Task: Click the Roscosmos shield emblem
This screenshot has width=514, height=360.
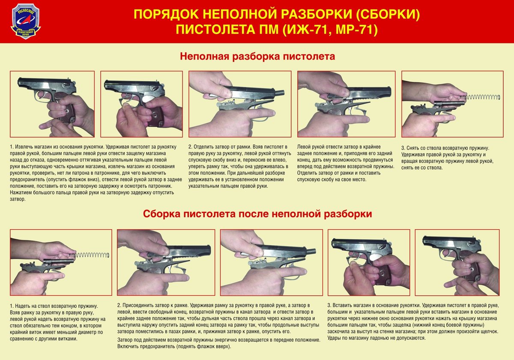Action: click(26, 21)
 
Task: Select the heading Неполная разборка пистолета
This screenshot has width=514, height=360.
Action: click(257, 56)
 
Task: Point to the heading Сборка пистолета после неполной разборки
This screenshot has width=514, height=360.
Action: click(257, 214)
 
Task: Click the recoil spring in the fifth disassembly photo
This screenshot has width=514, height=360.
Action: click(482, 97)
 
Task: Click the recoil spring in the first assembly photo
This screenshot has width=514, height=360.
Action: click(92, 255)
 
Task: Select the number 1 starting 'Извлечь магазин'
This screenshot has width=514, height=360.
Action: click(12, 147)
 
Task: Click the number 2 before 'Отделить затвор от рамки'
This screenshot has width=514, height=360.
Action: click(191, 147)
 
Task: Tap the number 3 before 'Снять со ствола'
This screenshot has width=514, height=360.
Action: click(403, 148)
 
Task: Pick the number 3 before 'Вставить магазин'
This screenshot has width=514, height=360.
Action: click(329, 306)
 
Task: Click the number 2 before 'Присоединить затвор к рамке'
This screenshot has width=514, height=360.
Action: click(120, 306)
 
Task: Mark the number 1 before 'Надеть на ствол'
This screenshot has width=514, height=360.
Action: click(12, 306)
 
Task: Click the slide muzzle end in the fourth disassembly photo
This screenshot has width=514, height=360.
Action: click(390, 91)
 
